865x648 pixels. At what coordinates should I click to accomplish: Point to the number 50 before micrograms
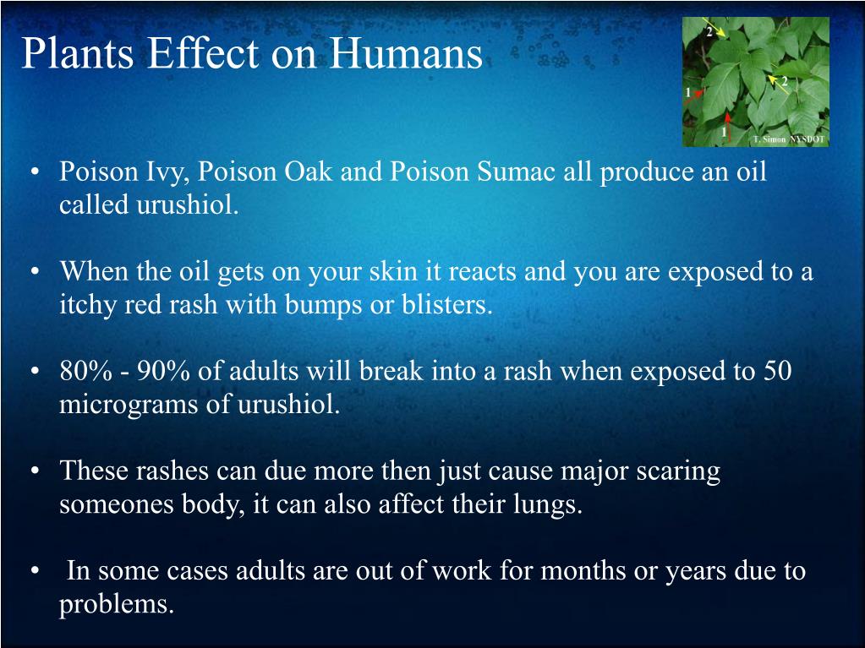point(776,372)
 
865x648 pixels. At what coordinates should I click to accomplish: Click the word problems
point(116,605)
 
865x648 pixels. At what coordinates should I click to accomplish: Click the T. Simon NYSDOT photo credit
point(788,139)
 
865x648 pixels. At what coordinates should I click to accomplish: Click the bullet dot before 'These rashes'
point(35,471)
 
